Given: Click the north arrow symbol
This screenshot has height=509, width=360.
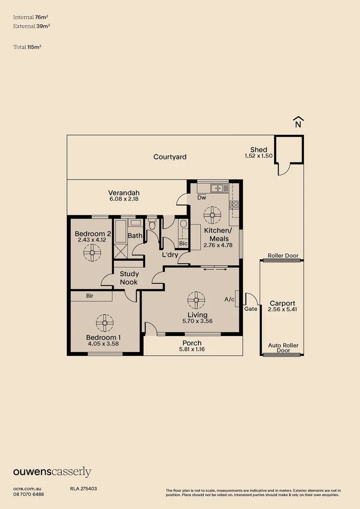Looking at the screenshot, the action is (x=298, y=122).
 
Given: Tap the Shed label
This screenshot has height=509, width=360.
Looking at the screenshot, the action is (x=259, y=150).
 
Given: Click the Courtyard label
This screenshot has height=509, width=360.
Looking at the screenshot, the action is (x=170, y=157).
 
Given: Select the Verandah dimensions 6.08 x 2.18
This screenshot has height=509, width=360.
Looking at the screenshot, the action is (x=124, y=199).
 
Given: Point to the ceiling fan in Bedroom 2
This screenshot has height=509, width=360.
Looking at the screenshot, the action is (x=92, y=253).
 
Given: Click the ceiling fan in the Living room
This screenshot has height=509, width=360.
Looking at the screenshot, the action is (x=196, y=300).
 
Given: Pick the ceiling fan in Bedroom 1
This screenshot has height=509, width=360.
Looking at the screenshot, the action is (x=105, y=323).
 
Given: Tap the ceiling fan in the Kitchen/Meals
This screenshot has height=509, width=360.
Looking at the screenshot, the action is (x=213, y=215).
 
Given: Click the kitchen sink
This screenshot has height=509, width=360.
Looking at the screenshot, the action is (x=220, y=188).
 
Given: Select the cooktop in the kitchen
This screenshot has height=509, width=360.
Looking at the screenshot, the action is (x=234, y=205).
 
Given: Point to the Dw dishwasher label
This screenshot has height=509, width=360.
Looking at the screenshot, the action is (x=202, y=197).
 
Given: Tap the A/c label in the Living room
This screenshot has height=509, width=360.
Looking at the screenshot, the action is (x=229, y=299).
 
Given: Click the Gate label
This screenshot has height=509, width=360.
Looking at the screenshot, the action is (x=251, y=309).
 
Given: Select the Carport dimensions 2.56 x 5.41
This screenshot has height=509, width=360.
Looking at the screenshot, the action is (x=282, y=309).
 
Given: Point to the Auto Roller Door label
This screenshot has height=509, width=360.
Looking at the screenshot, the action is (x=283, y=348).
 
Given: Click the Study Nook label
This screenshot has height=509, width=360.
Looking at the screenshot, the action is (x=129, y=278).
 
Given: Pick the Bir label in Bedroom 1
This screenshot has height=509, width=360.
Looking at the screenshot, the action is (x=90, y=296).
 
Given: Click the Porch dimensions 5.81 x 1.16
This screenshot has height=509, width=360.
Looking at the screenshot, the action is (x=192, y=349).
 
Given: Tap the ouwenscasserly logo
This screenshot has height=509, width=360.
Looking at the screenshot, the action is (x=52, y=472).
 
